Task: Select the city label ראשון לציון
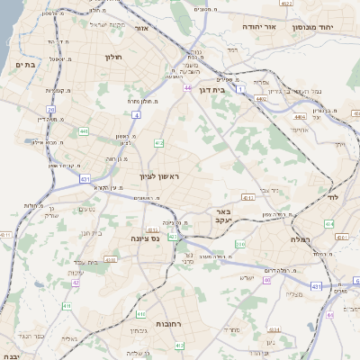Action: (160, 177)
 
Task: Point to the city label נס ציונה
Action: (131, 239)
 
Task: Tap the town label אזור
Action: (140, 29)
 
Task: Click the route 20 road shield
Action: (52, 109)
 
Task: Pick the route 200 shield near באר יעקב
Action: (240, 244)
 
